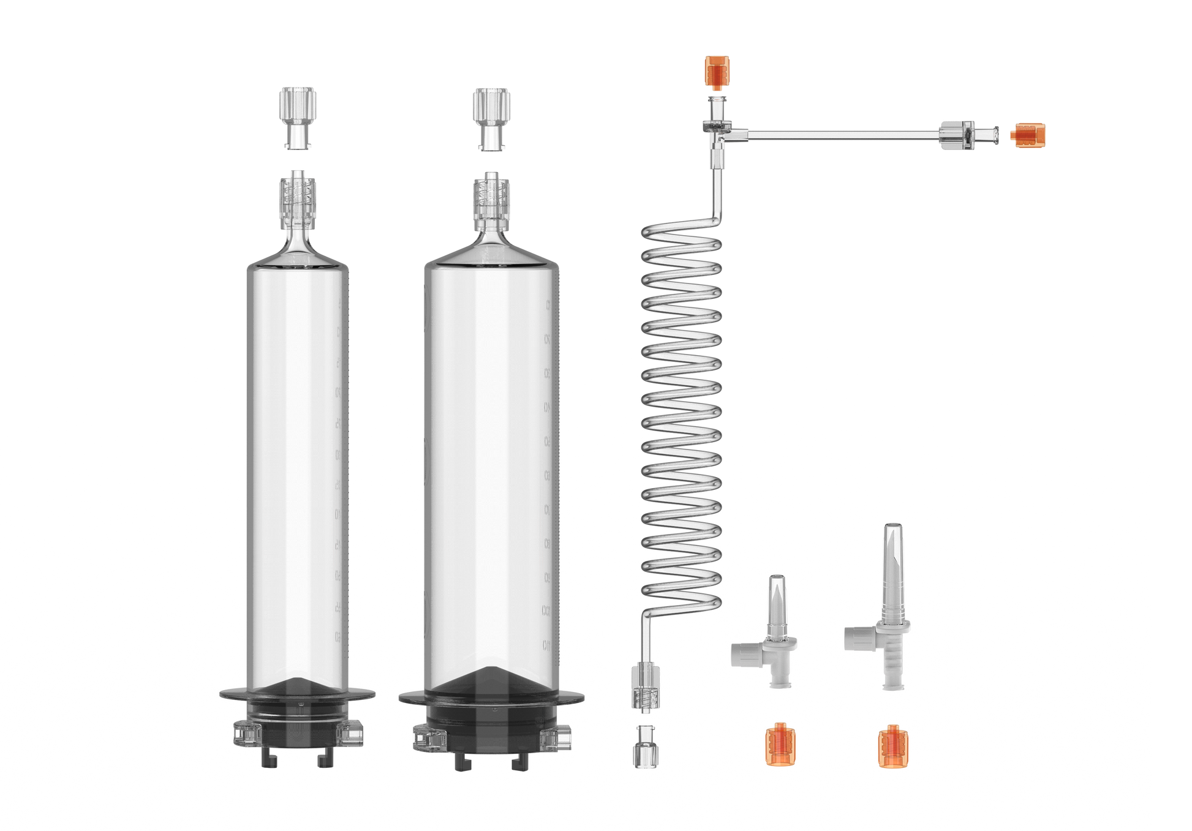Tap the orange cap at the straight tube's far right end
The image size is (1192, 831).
point(1028,135)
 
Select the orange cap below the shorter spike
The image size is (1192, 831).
point(777,743)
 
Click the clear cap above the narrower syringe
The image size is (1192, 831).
point(298,118)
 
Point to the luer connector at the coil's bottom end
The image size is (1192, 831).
point(644,689)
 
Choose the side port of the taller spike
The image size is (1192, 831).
point(856,637)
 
